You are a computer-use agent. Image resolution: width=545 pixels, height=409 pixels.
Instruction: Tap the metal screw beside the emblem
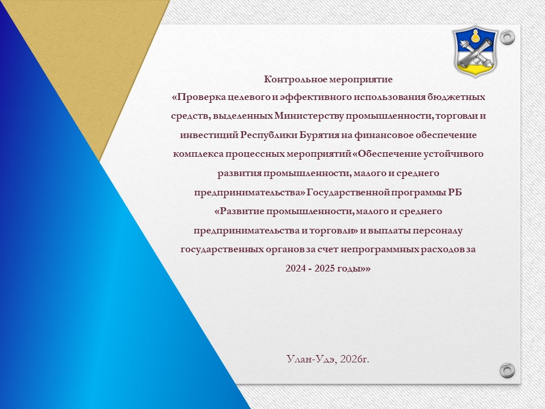(507, 37)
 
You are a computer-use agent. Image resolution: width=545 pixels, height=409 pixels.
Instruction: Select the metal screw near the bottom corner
(507, 370)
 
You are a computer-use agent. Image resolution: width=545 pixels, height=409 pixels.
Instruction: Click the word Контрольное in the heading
(295, 80)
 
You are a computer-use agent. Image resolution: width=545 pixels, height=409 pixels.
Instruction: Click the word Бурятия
(318, 135)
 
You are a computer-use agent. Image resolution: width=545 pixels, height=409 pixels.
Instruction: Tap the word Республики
(269, 135)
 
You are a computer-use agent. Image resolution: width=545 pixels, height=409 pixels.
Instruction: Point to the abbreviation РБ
(455, 192)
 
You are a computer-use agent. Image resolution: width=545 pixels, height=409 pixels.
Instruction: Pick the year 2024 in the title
(295, 269)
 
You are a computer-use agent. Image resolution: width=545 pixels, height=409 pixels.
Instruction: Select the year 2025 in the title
(324, 269)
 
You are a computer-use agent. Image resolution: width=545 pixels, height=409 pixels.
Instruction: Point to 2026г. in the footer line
(355, 359)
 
